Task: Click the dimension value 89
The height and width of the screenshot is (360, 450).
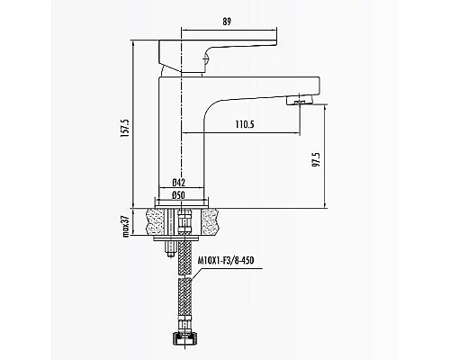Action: coord(227,22)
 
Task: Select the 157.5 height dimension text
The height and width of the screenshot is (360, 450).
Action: coord(124,128)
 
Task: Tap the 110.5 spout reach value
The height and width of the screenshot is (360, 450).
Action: coord(245,124)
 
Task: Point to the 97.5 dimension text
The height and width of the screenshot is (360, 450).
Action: coord(316,159)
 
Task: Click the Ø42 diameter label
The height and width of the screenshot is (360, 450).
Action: coord(179,182)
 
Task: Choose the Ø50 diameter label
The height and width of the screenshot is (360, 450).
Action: coord(179,195)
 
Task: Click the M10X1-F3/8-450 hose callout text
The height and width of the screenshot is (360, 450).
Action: coord(226,260)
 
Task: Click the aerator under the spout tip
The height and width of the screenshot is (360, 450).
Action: coord(300,100)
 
